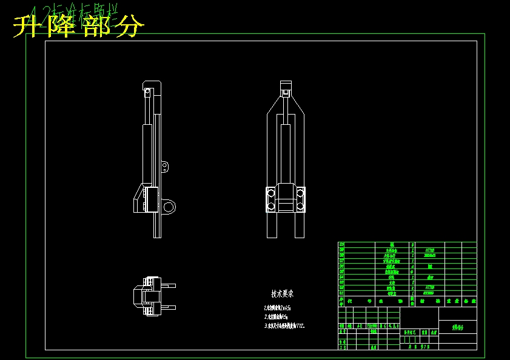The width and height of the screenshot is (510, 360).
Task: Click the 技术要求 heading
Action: (282, 294)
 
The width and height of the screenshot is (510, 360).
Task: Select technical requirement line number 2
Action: (276, 316)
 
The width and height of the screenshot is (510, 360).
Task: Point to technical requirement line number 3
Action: (284, 325)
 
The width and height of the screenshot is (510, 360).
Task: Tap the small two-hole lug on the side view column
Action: (168, 166)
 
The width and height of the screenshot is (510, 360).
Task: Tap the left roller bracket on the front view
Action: (271, 199)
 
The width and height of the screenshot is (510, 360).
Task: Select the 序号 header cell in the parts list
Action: (341, 301)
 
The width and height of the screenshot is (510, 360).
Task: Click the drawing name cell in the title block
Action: (457, 327)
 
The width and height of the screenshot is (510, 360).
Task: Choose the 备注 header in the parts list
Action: (469, 301)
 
